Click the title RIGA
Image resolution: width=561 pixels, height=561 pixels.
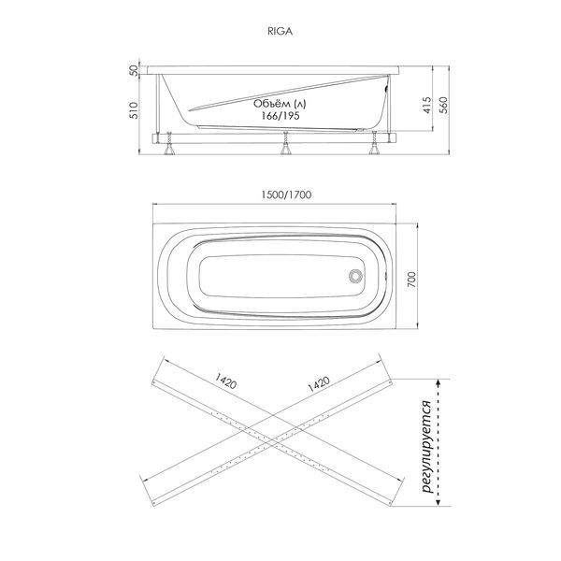click(x=280, y=29)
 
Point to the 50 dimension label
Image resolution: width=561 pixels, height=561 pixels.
click(x=134, y=70)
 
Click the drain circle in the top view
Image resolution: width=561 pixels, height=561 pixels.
click(x=354, y=276)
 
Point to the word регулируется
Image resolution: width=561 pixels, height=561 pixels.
click(x=426, y=443)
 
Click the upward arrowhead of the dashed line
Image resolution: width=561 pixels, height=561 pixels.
click(x=440, y=381)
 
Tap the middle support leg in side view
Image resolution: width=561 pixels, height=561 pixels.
click(x=281, y=143)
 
